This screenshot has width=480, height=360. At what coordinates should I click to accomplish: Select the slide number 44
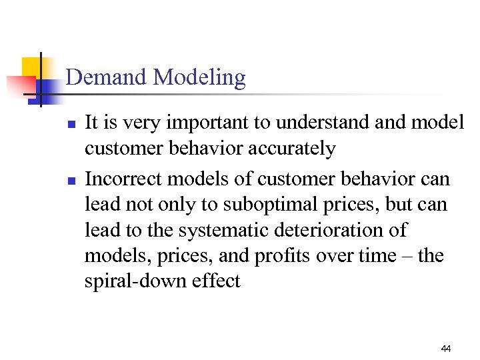coord(447,349)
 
